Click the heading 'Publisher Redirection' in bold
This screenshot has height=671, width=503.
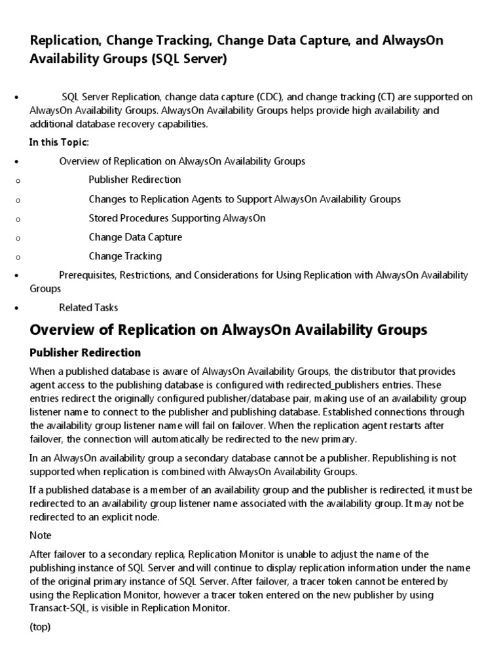pos(85,353)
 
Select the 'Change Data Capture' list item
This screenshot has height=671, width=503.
pos(136,237)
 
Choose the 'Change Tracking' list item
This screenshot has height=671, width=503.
pos(125,256)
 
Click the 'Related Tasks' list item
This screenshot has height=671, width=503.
pos(88,307)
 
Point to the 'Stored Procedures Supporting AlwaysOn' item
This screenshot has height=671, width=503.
pos(177,218)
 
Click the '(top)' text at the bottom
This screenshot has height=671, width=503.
pos(40,626)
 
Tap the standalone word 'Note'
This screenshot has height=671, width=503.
pos(41,535)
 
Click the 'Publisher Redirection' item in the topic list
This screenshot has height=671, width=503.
pos(135,179)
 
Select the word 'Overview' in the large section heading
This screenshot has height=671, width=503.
pos(60,329)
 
